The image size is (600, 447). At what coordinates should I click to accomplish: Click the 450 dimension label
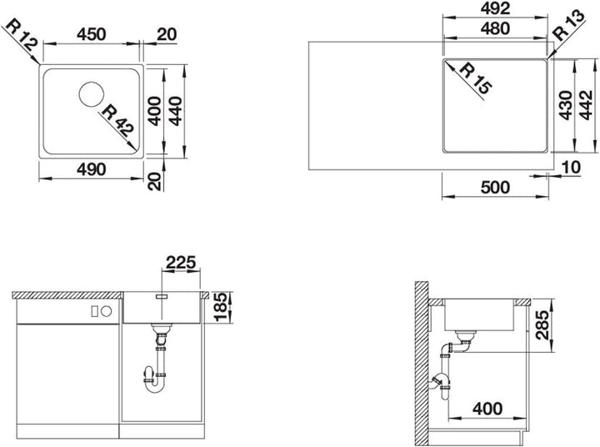91,34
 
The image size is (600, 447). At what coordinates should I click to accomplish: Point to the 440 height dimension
176,111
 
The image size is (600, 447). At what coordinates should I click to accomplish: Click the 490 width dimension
91,169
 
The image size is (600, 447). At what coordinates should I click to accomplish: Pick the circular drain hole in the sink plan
92,94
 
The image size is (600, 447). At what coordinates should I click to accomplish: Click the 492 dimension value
496,8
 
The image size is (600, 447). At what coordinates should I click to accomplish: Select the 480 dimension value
496,28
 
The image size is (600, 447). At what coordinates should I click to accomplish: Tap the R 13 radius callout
569,25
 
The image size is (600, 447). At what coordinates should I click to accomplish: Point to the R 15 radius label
474,79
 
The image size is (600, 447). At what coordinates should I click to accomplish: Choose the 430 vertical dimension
566,105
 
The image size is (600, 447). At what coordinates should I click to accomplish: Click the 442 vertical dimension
586,105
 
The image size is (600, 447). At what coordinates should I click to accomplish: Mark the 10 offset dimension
572,168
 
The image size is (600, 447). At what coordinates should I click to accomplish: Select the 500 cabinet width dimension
495,188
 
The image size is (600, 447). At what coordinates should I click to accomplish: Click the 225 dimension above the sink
181,263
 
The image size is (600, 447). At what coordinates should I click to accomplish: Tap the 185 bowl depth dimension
220,307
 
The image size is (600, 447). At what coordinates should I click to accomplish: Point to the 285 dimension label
542,325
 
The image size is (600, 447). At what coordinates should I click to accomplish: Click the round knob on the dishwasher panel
107,311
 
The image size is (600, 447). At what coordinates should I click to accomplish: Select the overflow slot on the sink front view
162,296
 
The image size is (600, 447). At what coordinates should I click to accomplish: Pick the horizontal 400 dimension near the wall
487,409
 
